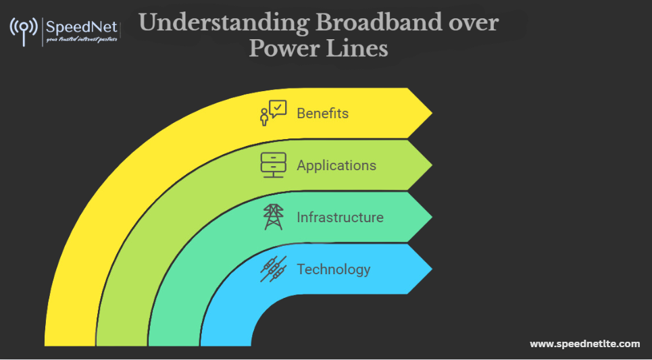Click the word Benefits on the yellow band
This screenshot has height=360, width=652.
click(322, 113)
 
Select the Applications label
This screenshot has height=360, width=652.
click(336, 165)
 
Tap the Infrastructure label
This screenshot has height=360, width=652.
click(340, 217)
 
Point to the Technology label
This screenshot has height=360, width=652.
click(333, 269)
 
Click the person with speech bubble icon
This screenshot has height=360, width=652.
click(273, 113)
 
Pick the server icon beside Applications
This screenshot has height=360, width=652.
click(273, 165)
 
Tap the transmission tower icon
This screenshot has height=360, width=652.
click(273, 217)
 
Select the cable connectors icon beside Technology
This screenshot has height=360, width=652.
click(273, 269)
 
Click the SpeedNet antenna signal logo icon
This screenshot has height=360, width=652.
click(24, 31)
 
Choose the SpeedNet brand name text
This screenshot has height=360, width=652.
click(81, 28)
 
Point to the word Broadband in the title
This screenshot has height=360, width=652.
click(379, 24)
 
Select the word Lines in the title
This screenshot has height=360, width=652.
click(361, 49)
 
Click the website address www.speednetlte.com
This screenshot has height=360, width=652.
click(584, 344)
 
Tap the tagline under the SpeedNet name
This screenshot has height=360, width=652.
click(81, 40)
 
